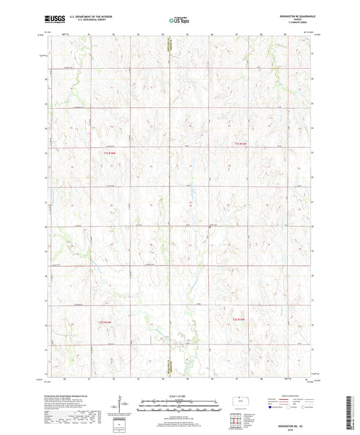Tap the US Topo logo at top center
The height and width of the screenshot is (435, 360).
(179, 21)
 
